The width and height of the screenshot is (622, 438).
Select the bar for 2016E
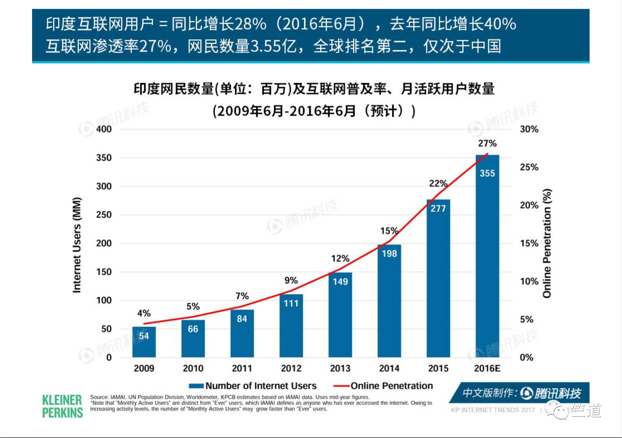point(487,255)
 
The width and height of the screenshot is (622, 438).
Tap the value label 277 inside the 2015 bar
point(438,209)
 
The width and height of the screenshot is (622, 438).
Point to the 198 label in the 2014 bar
point(389,253)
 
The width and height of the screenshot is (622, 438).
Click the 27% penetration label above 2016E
point(487,143)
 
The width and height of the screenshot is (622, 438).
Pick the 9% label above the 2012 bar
point(291,280)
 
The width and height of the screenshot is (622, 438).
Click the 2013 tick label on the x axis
point(340,368)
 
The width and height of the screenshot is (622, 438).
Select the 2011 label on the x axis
point(242,368)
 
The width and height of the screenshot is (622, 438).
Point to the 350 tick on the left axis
point(104,158)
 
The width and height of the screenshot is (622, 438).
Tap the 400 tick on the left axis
point(104,129)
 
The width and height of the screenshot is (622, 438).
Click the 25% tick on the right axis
point(529,167)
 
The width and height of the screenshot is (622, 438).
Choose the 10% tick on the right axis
point(529,281)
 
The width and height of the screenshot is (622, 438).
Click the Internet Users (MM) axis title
point(77,245)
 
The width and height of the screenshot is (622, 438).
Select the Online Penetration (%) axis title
point(547,243)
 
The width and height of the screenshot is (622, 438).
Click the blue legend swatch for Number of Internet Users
point(196,386)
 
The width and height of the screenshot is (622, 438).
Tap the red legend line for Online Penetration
point(341,386)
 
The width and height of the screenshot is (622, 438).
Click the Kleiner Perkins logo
point(62,406)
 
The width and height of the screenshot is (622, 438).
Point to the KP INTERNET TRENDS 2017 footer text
point(493,410)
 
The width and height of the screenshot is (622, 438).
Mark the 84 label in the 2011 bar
point(242,319)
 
